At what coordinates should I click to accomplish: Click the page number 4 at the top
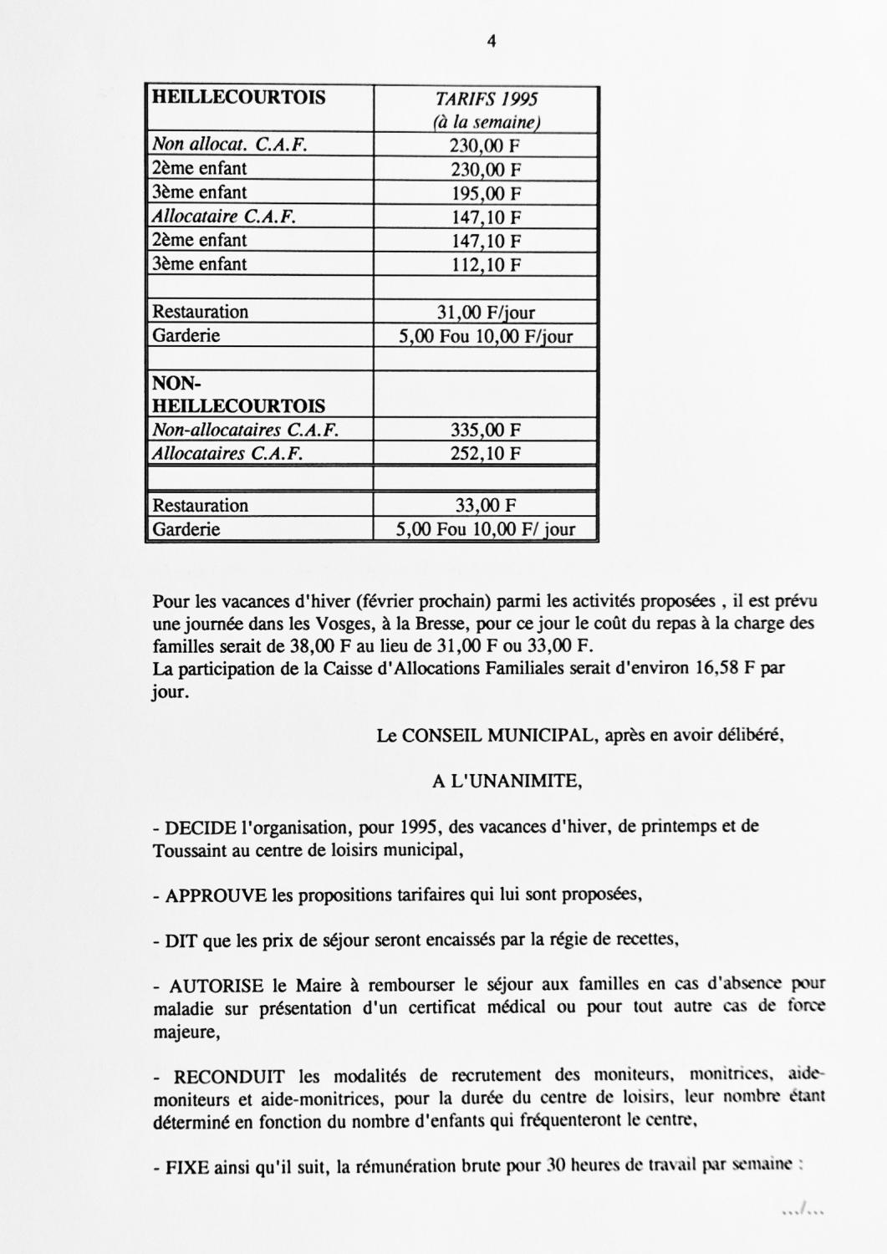tap(492, 41)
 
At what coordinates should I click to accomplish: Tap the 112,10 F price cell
tap(486, 266)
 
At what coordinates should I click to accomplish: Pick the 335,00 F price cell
tap(486, 431)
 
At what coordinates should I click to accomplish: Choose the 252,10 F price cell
tap(486, 455)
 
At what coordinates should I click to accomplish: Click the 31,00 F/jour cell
tap(486, 313)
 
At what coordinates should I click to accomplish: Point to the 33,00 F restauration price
tap(486, 506)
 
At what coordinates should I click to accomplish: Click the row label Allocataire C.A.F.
tap(224, 217)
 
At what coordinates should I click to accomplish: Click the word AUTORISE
tap(215, 986)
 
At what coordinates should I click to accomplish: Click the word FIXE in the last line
tap(186, 1167)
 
